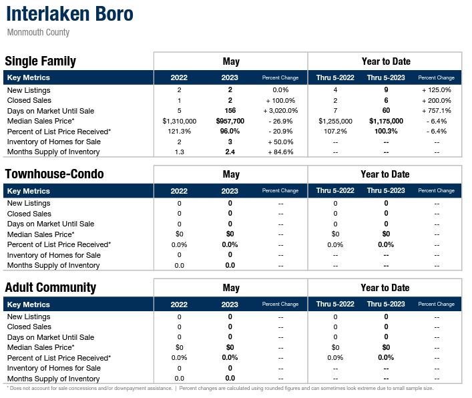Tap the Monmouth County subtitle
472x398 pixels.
pos(38,32)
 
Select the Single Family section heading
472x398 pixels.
pos(40,61)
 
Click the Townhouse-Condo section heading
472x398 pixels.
pos(54,174)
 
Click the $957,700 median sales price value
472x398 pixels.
pos(230,121)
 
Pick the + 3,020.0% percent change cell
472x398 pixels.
pos(280,111)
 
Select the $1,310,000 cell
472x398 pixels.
pos(179,121)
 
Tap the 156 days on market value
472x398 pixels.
pos(230,111)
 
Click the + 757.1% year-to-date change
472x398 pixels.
pos(436,111)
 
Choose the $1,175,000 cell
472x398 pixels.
pos(386,121)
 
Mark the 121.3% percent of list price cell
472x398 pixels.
pos(179,132)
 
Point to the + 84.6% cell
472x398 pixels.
pos(280,152)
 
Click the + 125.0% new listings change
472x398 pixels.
pos(436,90)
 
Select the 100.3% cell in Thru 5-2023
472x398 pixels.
pos(386,132)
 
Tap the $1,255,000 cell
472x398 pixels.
pos(335,121)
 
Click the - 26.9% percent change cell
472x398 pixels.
pos(280,121)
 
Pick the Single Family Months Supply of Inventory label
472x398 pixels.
pos(53,152)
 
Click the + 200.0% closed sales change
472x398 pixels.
pos(436,100)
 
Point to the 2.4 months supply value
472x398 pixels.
pos(230,152)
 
